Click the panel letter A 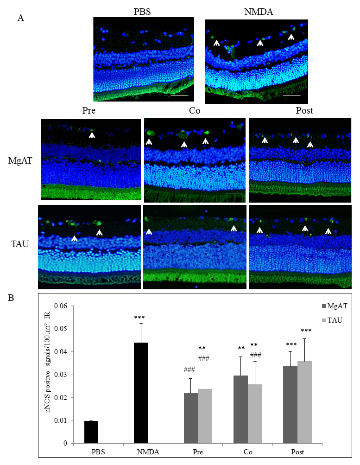coord(20,19)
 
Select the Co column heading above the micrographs coord(195,111)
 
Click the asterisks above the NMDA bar coord(140,317)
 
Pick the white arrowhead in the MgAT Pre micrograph coord(92,136)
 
